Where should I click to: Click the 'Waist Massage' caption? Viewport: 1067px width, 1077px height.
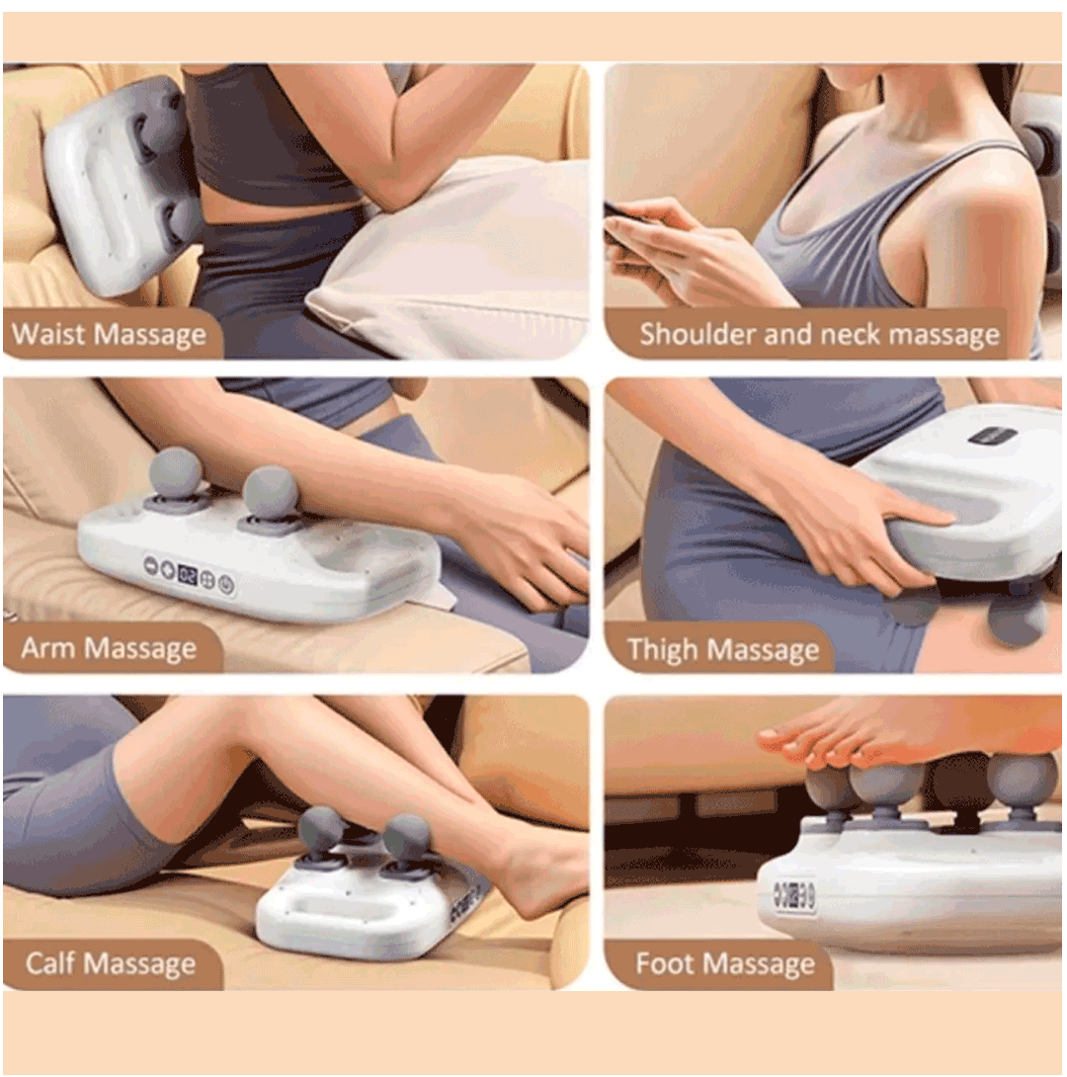(110, 335)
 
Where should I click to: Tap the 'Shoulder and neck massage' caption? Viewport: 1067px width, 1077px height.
(819, 335)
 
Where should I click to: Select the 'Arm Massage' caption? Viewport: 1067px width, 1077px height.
(109, 648)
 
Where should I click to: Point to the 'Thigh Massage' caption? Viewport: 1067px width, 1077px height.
(723, 649)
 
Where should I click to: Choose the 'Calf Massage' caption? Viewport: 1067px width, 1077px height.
(111, 963)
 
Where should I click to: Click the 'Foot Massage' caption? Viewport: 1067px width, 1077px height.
(725, 963)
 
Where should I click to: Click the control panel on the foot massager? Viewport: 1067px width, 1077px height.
(793, 894)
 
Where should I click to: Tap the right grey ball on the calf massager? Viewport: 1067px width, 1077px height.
(408, 836)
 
